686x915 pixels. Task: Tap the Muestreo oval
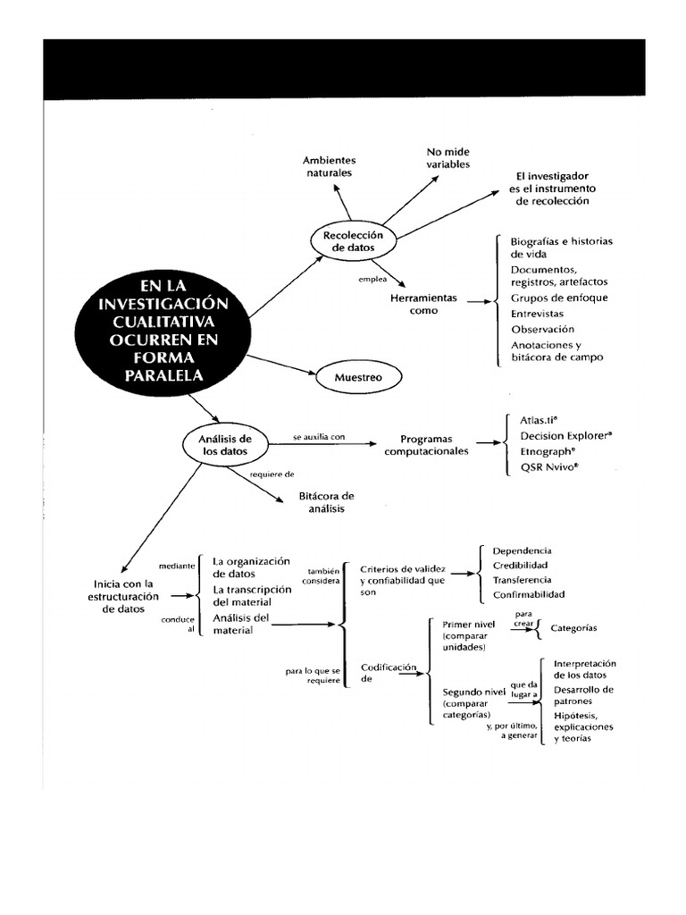point(357,378)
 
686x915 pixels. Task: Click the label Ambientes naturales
point(329,166)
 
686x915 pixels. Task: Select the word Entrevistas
point(537,314)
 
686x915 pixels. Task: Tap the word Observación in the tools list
point(542,329)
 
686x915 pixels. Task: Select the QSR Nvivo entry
point(548,467)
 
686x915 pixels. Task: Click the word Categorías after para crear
point(574,629)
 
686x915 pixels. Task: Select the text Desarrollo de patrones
point(583,696)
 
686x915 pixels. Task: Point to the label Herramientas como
point(423,304)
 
